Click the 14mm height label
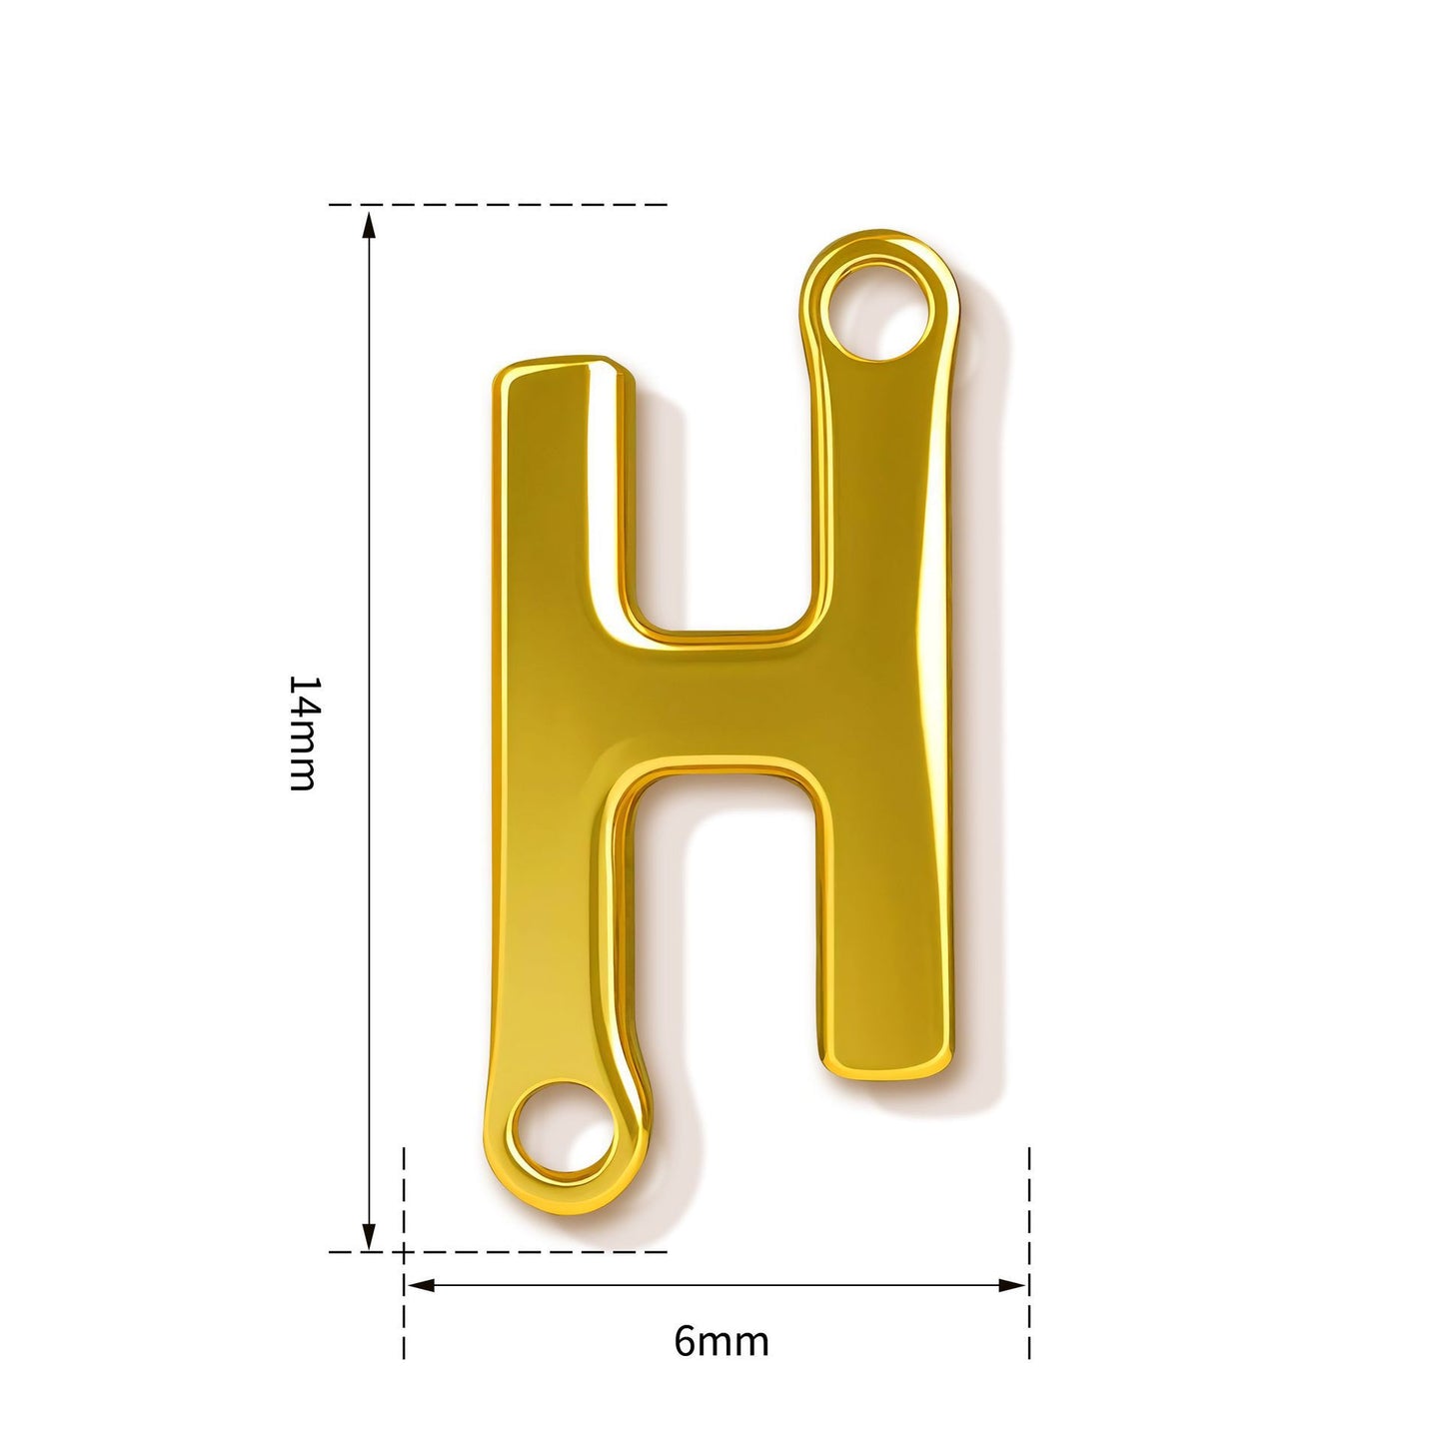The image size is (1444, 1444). coord(304,732)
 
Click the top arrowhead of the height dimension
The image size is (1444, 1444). coord(368,226)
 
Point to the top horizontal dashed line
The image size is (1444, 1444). coord(498,204)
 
